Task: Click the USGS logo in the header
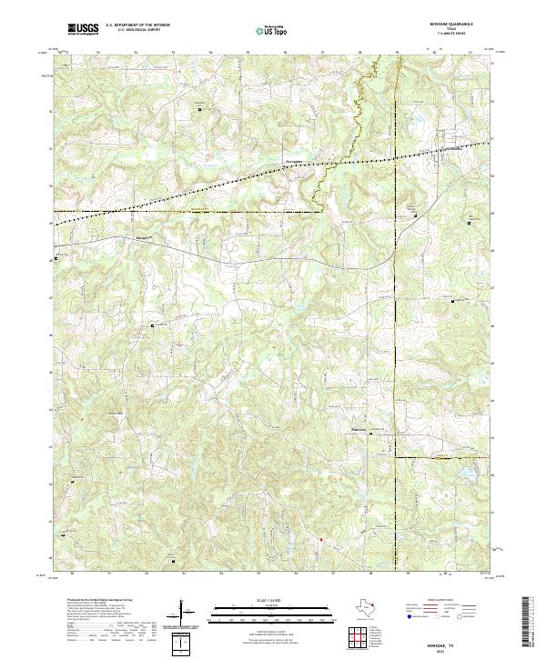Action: (x=83, y=29)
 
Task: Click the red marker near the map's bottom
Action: (x=320, y=540)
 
